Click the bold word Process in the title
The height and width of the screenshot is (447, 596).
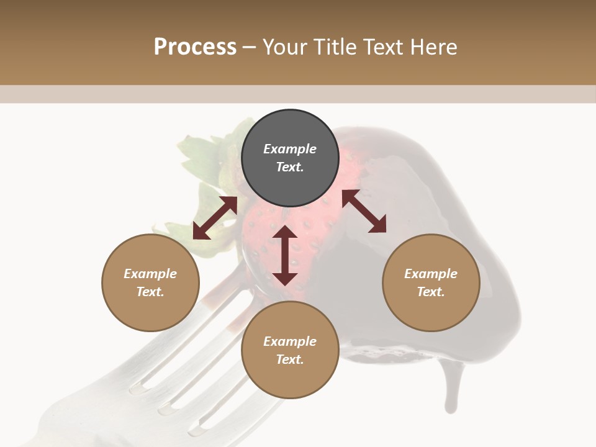click(x=195, y=47)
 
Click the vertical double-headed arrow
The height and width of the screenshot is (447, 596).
click(x=285, y=255)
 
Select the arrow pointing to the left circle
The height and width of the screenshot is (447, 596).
click(x=215, y=218)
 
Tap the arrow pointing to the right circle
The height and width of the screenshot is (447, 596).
click(x=364, y=212)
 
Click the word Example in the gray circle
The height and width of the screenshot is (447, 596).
click(x=290, y=149)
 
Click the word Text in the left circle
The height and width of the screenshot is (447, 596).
click(x=150, y=292)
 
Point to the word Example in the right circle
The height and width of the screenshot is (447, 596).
click(x=431, y=274)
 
